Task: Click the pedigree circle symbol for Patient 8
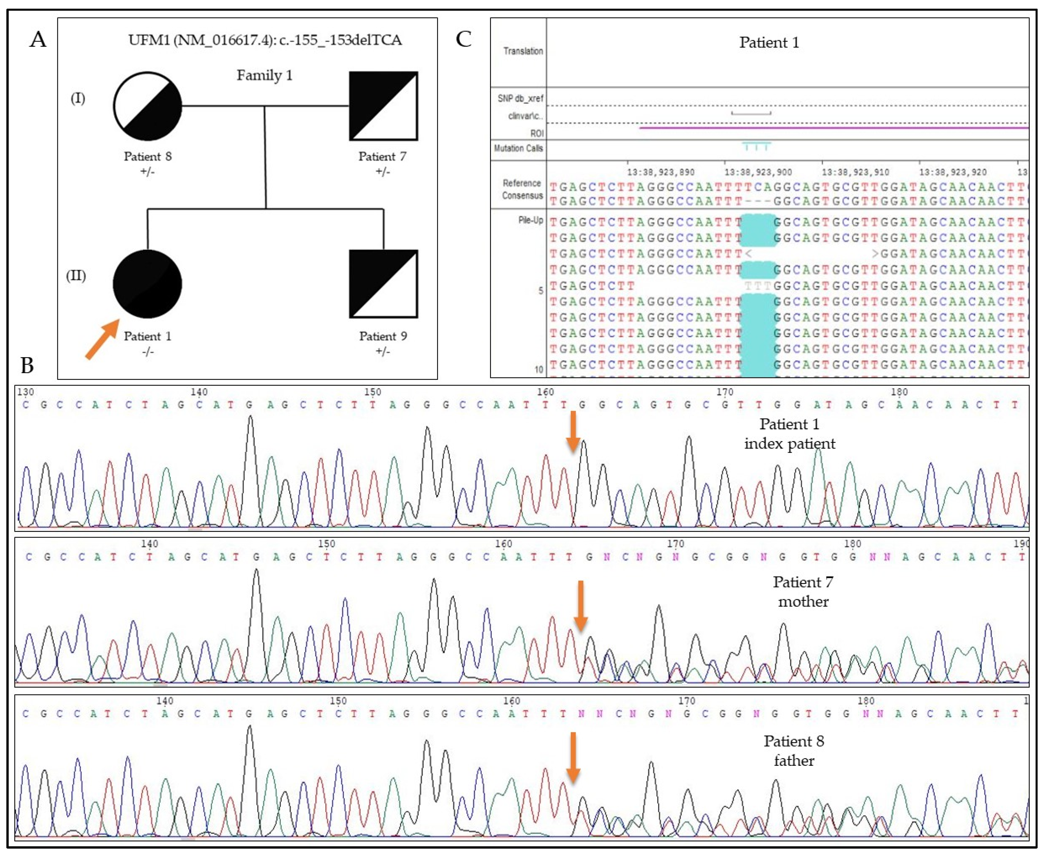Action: point(147,106)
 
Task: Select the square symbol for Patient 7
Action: point(383,106)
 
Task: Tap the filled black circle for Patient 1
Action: point(147,284)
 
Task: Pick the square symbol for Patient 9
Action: point(383,284)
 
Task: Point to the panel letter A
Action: point(38,39)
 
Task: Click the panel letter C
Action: point(463,39)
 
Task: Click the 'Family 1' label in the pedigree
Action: point(264,75)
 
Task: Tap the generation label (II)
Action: point(76,275)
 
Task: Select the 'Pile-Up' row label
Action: point(531,220)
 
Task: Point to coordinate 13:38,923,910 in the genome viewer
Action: point(855,172)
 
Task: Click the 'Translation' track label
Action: point(523,51)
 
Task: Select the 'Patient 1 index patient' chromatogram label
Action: point(789,434)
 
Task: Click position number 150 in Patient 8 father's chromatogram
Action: point(338,701)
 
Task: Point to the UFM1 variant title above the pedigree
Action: point(265,40)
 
